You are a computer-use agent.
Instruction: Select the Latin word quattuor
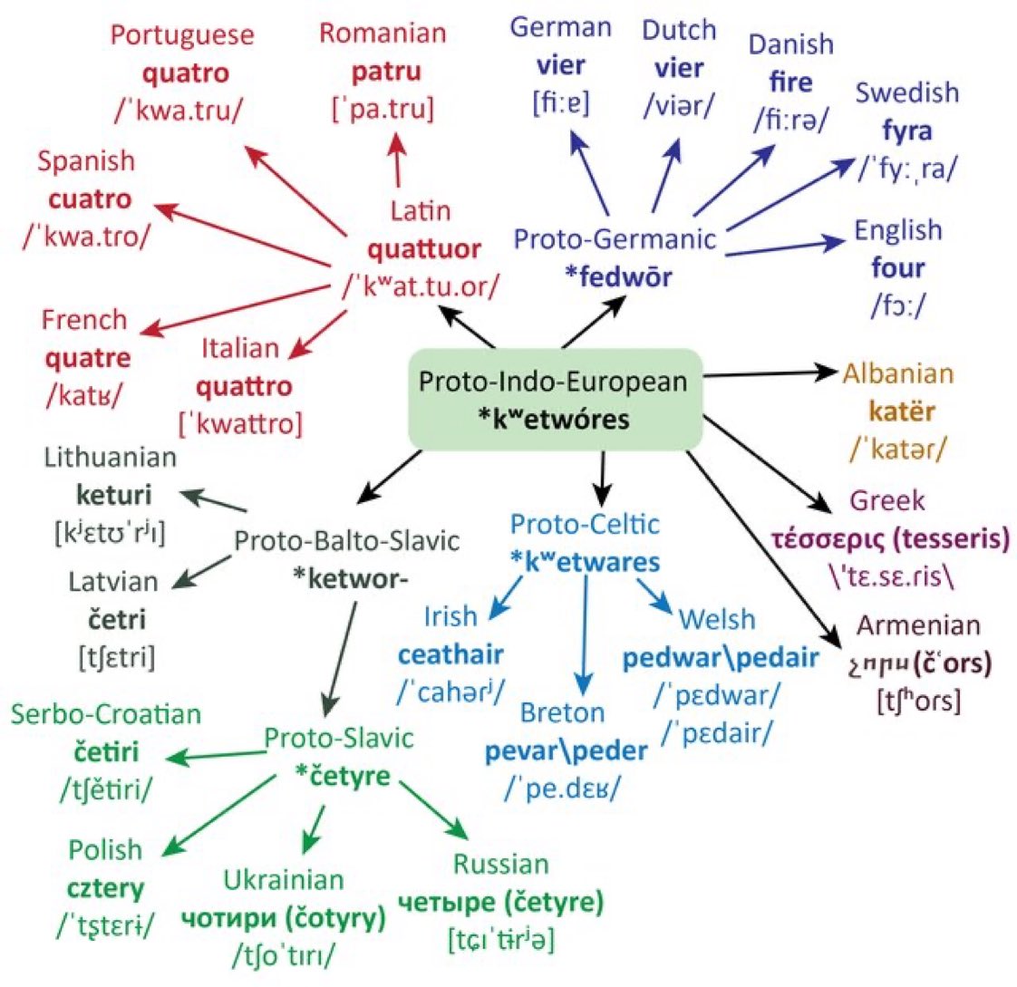click(x=423, y=248)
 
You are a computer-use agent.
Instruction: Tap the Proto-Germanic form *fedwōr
click(x=617, y=276)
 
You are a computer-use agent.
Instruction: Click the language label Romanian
click(x=383, y=34)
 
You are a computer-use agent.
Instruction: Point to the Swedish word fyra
click(x=907, y=131)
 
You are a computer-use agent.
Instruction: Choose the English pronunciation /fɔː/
click(x=898, y=305)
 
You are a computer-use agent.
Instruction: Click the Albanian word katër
click(x=901, y=411)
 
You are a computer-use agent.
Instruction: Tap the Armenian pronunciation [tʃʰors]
click(x=918, y=700)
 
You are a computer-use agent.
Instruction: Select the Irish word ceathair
click(x=450, y=653)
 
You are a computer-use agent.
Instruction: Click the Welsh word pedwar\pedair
click(x=721, y=657)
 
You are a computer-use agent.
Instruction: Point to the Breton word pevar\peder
click(x=566, y=750)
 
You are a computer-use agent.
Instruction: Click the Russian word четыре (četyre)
click(x=500, y=902)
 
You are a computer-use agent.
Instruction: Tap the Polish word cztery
click(x=106, y=888)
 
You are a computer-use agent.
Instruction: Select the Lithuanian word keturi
click(x=114, y=495)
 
